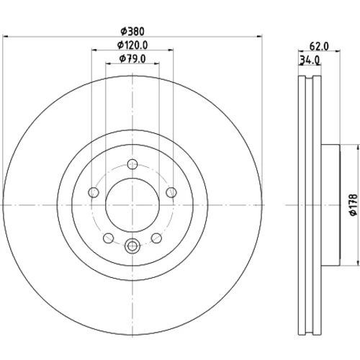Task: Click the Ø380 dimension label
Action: [x=132, y=32]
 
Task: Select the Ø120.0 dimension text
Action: [x=132, y=45]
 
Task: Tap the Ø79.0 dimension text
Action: [x=132, y=59]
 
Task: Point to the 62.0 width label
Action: [x=319, y=46]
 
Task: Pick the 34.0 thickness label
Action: [x=310, y=60]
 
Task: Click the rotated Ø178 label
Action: [x=354, y=205]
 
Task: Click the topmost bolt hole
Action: [x=132, y=164]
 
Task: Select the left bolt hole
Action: [x=94, y=192]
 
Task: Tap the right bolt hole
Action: [x=171, y=192]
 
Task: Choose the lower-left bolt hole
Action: [x=108, y=238]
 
